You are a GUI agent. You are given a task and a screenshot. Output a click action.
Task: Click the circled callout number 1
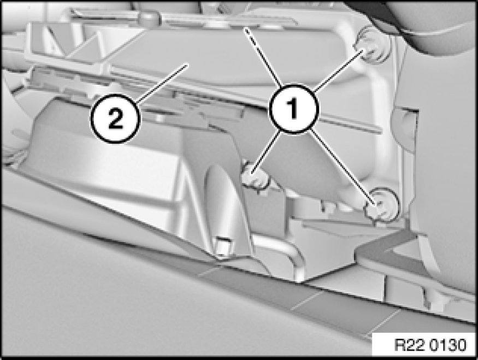point(293,109)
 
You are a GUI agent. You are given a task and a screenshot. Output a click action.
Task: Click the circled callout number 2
point(115,119)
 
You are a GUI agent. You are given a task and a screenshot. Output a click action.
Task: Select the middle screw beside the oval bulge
point(256,178)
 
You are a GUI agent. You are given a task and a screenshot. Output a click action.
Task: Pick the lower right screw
point(382,205)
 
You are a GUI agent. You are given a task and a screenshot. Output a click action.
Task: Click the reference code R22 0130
point(430,345)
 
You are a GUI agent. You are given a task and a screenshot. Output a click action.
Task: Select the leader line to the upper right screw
point(338,70)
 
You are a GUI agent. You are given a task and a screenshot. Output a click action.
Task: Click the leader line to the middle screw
point(266,152)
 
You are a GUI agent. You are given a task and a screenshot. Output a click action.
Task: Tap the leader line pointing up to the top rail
point(264,56)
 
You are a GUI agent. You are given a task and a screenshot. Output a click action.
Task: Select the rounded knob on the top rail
point(149,18)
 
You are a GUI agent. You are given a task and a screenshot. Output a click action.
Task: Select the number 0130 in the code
point(449,345)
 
